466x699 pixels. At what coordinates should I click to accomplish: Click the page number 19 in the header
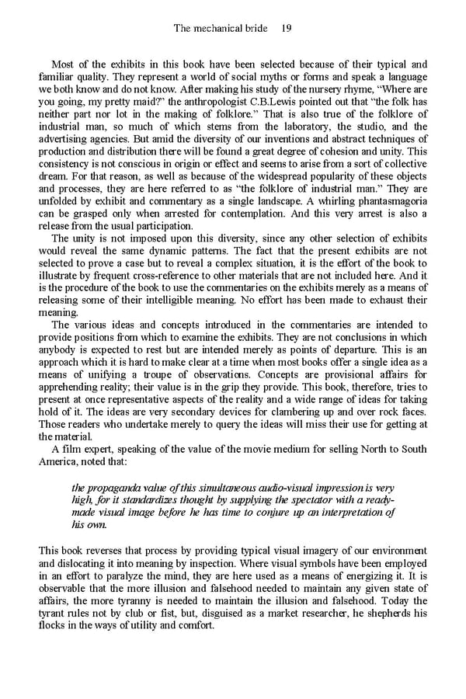(x=286, y=29)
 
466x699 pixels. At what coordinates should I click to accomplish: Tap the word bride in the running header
(x=250, y=29)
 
